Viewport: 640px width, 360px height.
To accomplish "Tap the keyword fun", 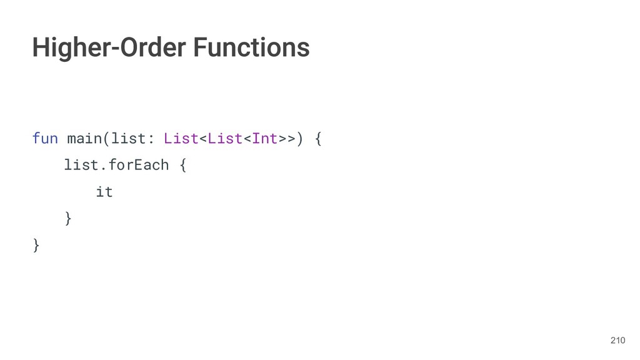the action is [x=45, y=138].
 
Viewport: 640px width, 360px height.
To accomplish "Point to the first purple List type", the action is [x=181, y=138].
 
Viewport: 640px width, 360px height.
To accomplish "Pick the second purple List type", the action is [x=224, y=138].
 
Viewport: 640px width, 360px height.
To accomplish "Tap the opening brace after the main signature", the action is [x=318, y=138].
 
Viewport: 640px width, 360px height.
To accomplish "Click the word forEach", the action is [x=139, y=165].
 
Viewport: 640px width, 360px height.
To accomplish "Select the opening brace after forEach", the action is [x=182, y=165].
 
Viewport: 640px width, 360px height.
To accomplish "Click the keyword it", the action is [x=104, y=192].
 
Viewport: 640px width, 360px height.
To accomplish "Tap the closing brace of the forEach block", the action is [x=68, y=218].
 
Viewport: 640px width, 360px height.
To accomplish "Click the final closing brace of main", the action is [x=36, y=245].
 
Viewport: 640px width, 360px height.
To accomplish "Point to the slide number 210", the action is [x=617, y=340].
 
